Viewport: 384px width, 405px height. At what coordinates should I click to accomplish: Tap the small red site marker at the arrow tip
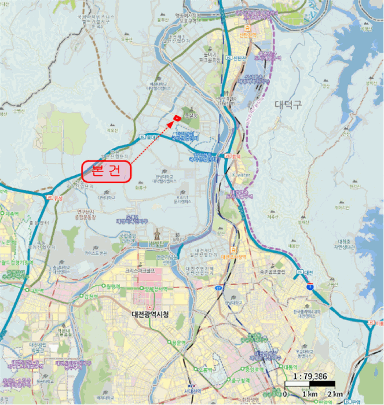click(176, 119)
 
